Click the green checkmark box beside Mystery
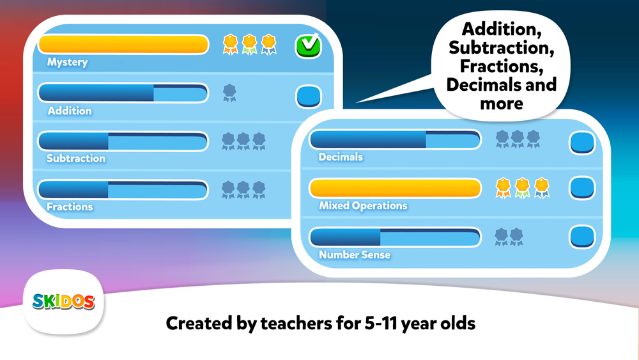pos(308,45)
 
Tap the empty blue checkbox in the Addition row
pos(309,96)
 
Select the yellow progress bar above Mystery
pos(123,44)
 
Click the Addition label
pos(70,111)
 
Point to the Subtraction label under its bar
pos(76,158)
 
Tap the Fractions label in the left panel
pos(70,207)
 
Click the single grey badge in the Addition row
pos(229,93)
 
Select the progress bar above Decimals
pos(395,139)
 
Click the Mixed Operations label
pos(363,205)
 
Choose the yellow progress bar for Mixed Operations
pos(395,189)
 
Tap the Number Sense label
pos(355,254)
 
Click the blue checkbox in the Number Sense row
pos(582,237)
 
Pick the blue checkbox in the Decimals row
pos(582,143)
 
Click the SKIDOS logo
pos(63,302)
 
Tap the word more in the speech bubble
pos(501,104)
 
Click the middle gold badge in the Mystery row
pos(249,44)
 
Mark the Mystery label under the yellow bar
pos(67,62)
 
